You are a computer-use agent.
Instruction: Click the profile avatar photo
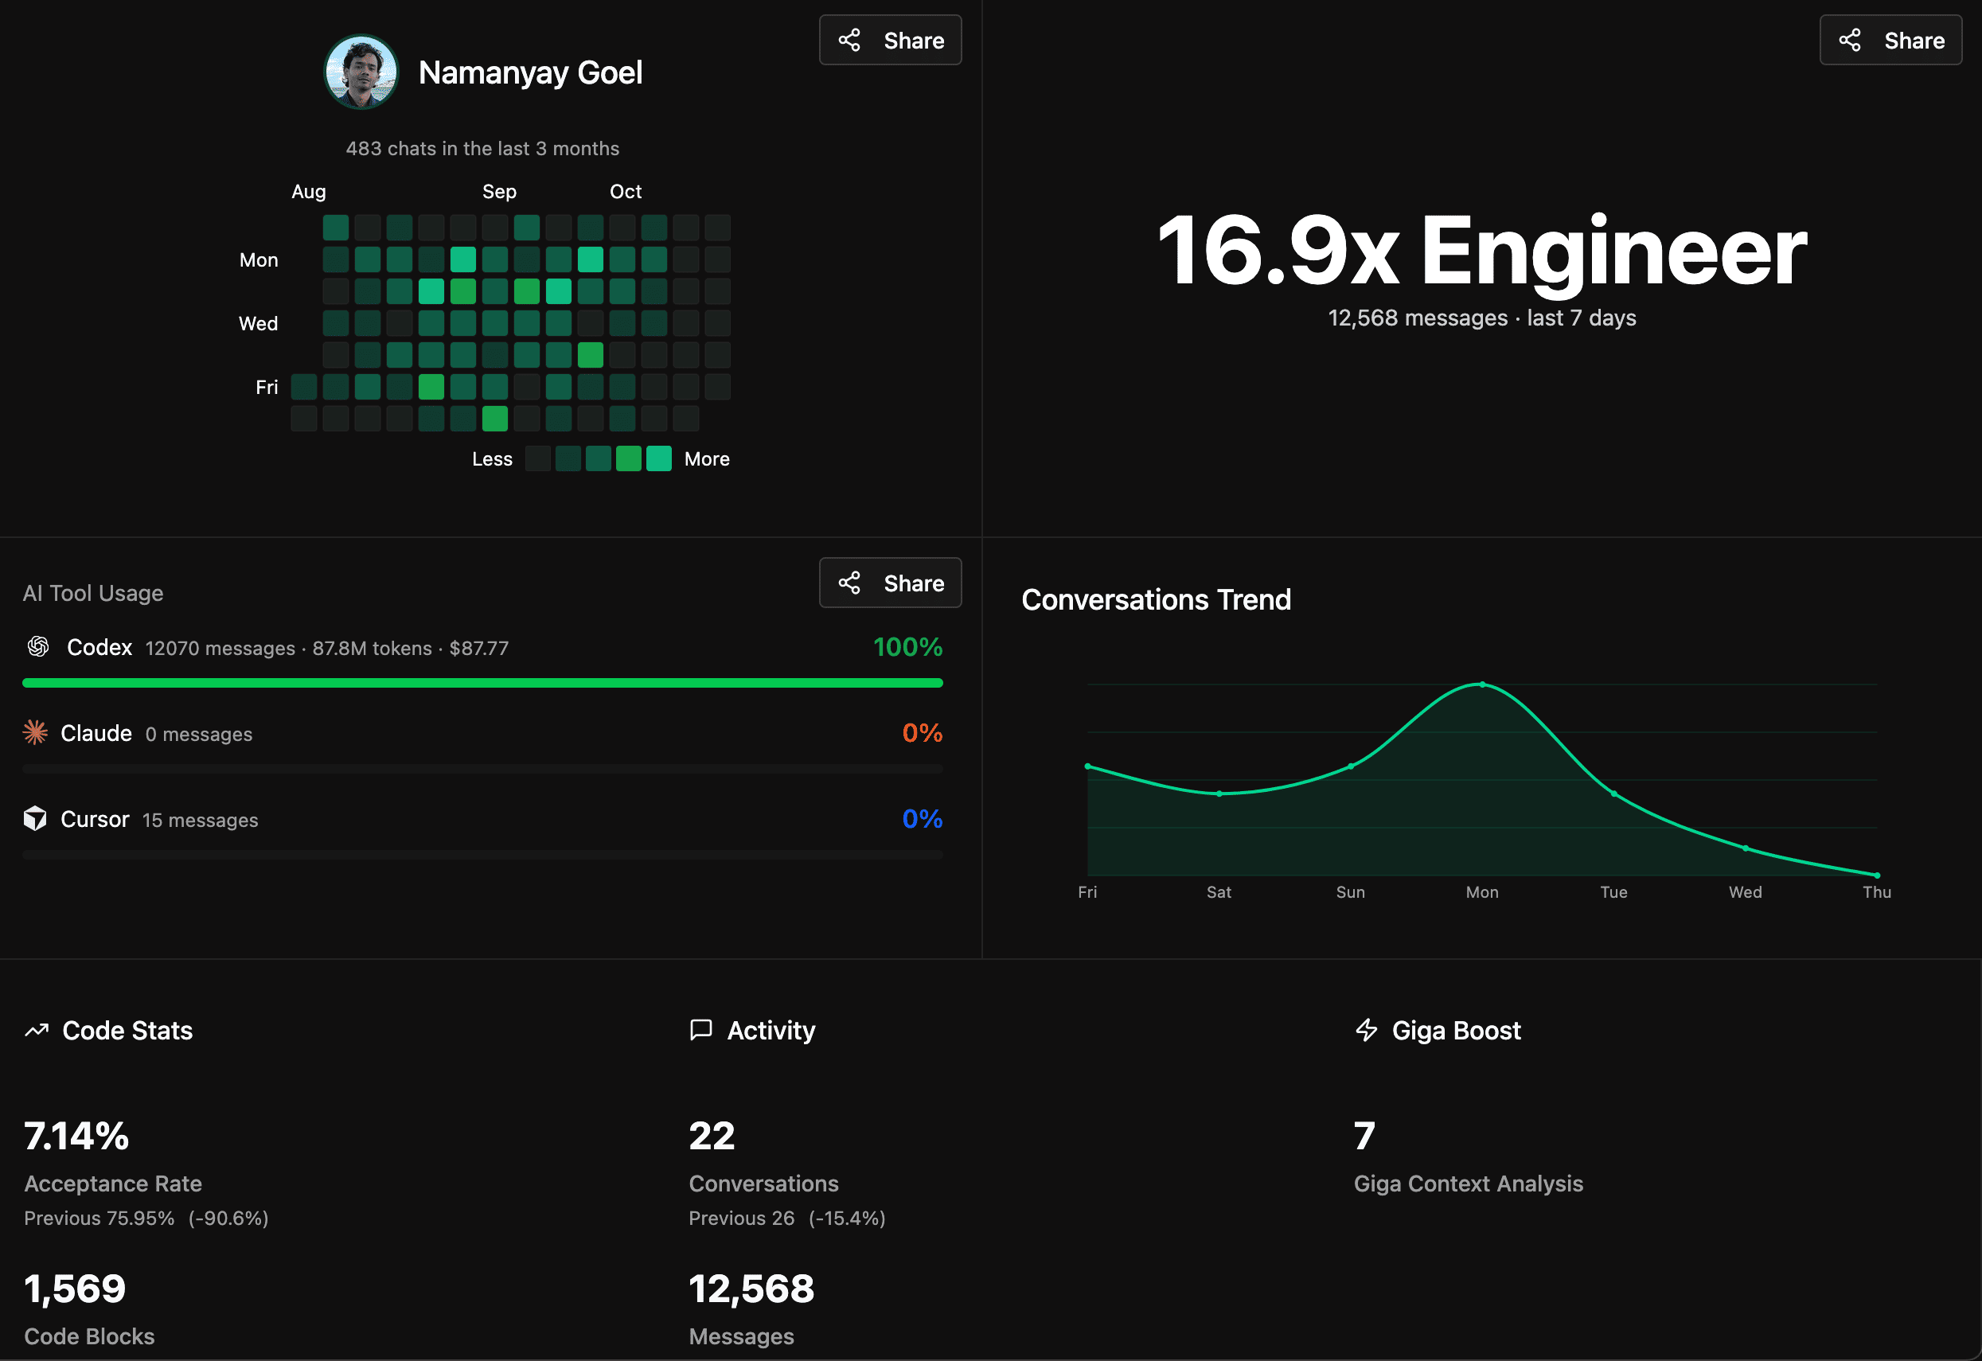pyautogui.click(x=361, y=72)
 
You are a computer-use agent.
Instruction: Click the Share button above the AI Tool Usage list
pyautogui.click(x=890, y=583)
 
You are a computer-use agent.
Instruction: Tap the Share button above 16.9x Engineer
pyautogui.click(x=1890, y=40)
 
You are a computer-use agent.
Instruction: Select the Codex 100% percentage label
pyautogui.click(x=907, y=647)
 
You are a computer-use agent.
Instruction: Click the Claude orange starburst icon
pyautogui.click(x=35, y=732)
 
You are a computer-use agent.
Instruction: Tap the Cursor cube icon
pyautogui.click(x=35, y=819)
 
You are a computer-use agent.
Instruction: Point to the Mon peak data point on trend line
pyautogui.click(x=1482, y=684)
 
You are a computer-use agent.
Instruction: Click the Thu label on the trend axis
pyautogui.click(x=1876, y=892)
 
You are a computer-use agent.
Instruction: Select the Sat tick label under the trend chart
pyautogui.click(x=1219, y=892)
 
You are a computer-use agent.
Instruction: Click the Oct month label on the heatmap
pyautogui.click(x=625, y=192)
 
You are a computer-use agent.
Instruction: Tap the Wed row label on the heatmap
pyautogui.click(x=259, y=324)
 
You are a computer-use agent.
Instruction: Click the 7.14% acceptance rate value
pyautogui.click(x=76, y=1136)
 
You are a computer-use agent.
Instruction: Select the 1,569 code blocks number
pyautogui.click(x=75, y=1289)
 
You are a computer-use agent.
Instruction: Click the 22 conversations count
pyautogui.click(x=712, y=1136)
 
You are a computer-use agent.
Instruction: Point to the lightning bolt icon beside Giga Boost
pyautogui.click(x=1366, y=1030)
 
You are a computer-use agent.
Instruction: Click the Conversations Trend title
pyautogui.click(x=1156, y=599)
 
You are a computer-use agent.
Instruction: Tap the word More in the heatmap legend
pyautogui.click(x=706, y=458)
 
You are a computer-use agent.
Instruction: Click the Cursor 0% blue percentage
pyautogui.click(x=922, y=819)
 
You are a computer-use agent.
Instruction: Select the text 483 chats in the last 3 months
pyautogui.click(x=482, y=148)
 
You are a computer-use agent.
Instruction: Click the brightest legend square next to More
pyautogui.click(x=658, y=458)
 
